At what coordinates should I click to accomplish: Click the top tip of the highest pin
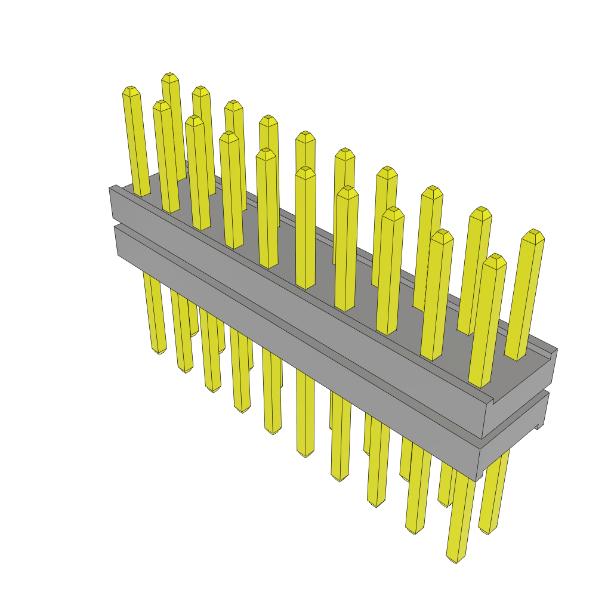coord(170,76)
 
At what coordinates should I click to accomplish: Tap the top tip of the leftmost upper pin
coord(131,90)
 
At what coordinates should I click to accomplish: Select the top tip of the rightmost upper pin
coord(534,233)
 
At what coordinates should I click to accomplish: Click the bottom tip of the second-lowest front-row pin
coord(414,530)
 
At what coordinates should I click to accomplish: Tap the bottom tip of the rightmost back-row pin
coord(488,531)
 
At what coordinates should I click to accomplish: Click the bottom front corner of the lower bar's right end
coord(476,480)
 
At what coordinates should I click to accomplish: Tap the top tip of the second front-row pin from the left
coord(162,104)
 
